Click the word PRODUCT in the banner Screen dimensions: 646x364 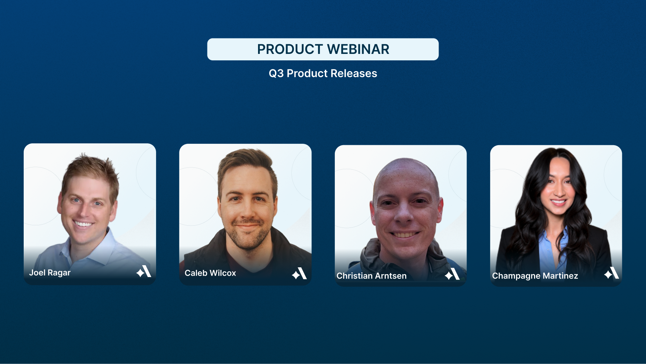tap(290, 49)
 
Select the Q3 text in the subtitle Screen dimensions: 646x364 tap(276, 73)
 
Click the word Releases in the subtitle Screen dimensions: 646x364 tap(354, 73)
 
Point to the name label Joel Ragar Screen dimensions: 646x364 tap(50, 273)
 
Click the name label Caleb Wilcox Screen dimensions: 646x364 tap(210, 273)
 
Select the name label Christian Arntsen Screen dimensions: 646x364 tap(371, 276)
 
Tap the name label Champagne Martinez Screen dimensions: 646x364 tap(535, 276)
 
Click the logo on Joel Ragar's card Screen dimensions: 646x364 tap(144, 271)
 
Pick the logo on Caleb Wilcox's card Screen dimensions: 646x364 tap(299, 273)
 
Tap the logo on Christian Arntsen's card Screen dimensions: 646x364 tap(452, 274)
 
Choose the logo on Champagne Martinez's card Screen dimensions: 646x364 tap(612, 273)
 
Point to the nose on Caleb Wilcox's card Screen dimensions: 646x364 tap(247, 211)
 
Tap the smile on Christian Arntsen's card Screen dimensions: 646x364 tap(405, 235)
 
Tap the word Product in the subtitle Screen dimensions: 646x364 tap(307, 73)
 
